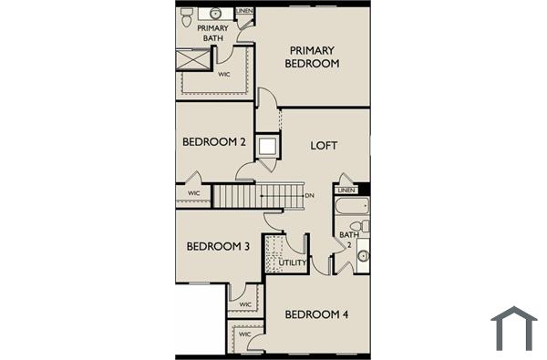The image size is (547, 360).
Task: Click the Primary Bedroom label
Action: click(313, 57)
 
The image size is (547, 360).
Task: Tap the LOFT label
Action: click(324, 145)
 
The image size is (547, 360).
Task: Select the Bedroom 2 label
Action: click(214, 141)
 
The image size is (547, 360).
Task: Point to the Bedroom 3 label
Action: click(218, 246)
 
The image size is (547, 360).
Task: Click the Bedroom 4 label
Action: click(316, 314)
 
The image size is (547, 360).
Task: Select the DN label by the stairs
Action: click(309, 195)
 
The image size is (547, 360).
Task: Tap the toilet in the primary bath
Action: click(187, 15)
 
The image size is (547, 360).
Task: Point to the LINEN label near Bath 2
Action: click(346, 190)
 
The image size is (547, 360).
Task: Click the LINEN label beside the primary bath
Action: click(244, 11)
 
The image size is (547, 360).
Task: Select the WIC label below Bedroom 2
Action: click(194, 193)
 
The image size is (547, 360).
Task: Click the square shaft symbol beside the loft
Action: click(267, 145)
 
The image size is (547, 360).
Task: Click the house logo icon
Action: click(514, 328)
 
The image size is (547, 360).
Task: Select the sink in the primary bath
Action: click(217, 14)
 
